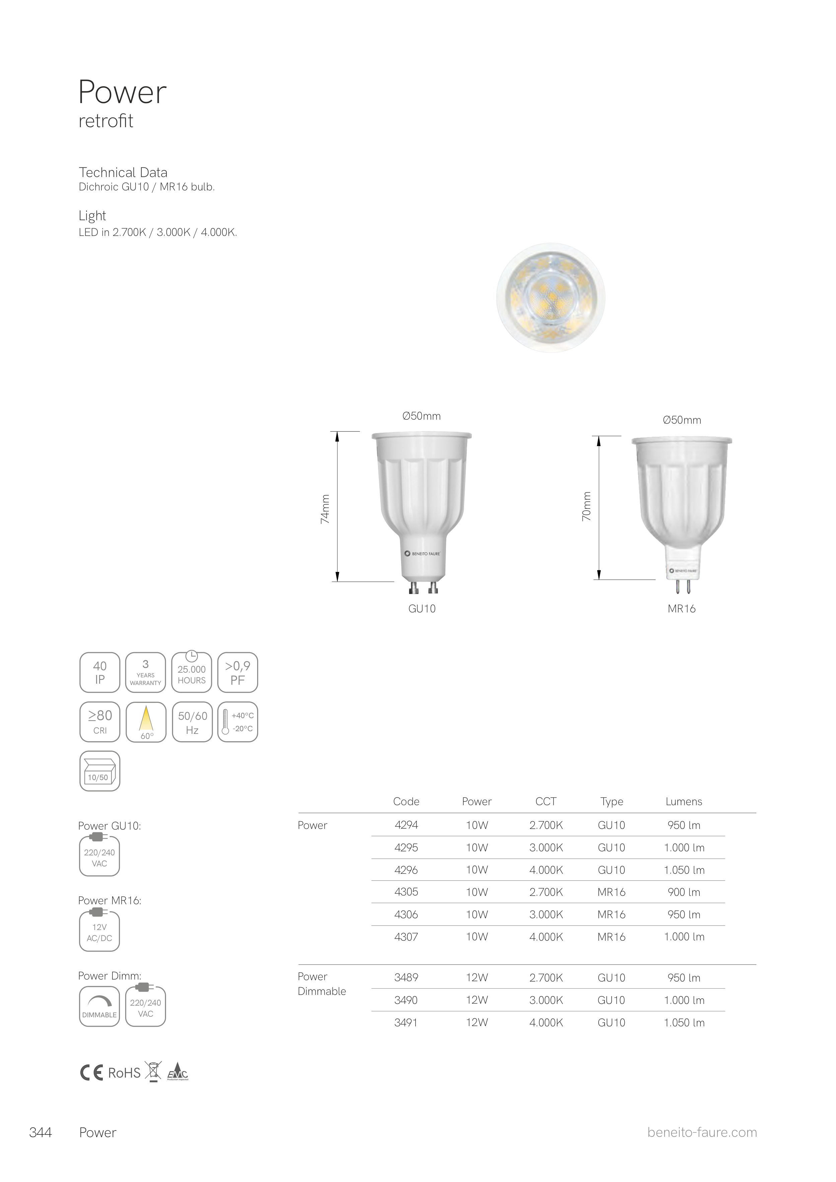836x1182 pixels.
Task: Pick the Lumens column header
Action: [684, 801]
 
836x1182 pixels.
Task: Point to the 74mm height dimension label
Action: [325, 509]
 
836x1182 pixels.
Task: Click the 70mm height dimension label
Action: [587, 506]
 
